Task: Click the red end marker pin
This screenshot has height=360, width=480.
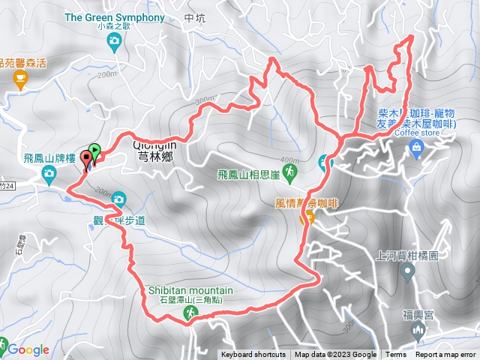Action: point(86,158)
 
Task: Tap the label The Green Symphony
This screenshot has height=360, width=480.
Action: point(115,17)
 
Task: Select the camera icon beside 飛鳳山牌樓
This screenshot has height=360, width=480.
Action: point(49,175)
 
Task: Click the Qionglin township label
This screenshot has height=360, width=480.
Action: point(154,146)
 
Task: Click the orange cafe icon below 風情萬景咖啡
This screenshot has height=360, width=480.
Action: point(307,217)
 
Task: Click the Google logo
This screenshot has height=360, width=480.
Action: point(28,349)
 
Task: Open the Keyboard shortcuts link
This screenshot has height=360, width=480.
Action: point(253,355)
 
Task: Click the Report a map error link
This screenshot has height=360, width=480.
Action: point(446,355)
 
